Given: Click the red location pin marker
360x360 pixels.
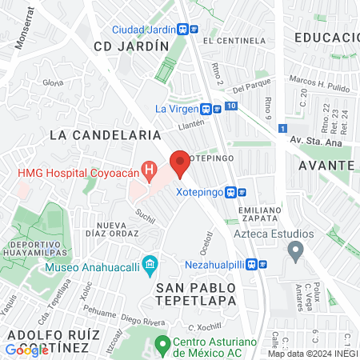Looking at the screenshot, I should (x=180, y=163).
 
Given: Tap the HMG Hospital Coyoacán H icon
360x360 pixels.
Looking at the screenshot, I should (x=148, y=170).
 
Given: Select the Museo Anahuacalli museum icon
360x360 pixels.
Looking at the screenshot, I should (x=149, y=265).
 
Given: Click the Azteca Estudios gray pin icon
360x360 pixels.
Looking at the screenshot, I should (x=295, y=254).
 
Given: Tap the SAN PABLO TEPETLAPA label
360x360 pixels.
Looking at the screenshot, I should (x=196, y=293).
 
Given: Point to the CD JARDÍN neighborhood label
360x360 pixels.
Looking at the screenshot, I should (x=131, y=46).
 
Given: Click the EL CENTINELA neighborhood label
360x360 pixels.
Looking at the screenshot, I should (x=234, y=40).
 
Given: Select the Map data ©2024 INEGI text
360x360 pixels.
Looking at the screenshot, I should (x=312, y=354).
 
